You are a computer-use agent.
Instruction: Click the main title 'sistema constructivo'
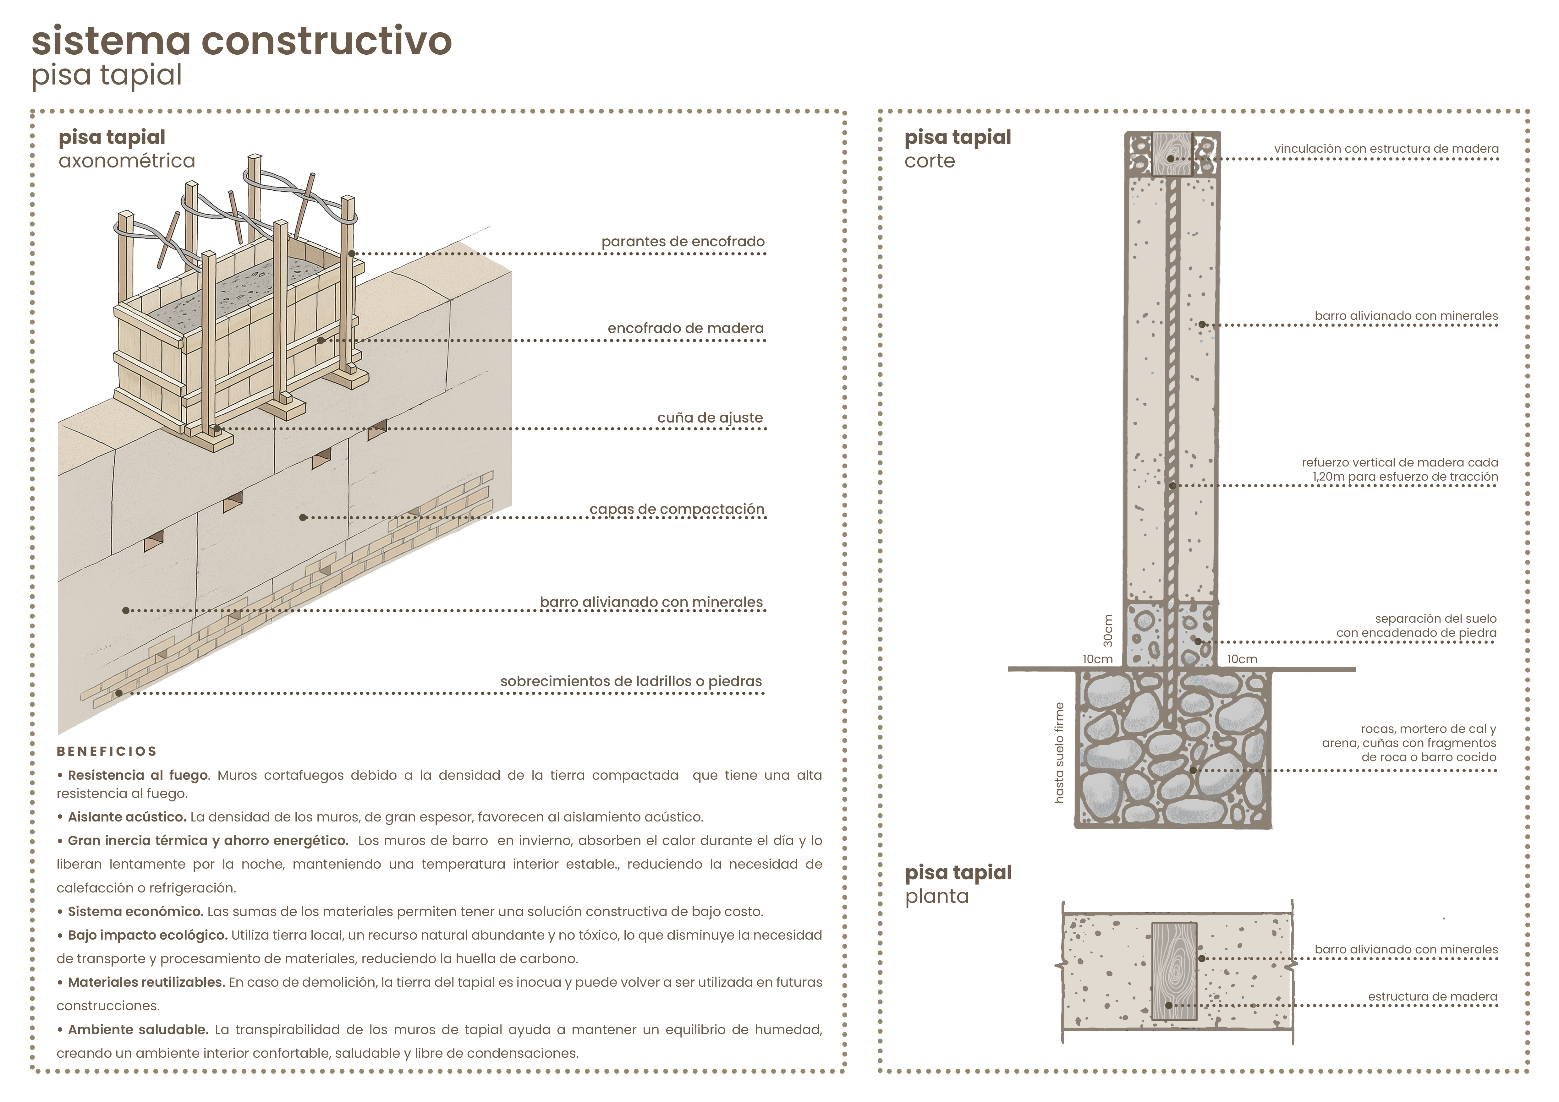pyautogui.click(x=241, y=41)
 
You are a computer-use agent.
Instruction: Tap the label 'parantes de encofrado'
pyautogui.click(x=683, y=242)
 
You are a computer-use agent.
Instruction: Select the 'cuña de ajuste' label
pyautogui.click(x=710, y=418)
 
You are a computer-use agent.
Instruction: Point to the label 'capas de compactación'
pyautogui.click(x=676, y=510)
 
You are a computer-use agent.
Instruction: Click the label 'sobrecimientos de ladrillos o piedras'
pyautogui.click(x=631, y=681)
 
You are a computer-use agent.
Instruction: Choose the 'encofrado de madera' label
pyautogui.click(x=685, y=328)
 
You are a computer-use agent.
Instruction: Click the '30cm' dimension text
pyautogui.click(x=1107, y=630)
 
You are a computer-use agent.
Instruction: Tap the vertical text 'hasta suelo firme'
pyautogui.click(x=1059, y=753)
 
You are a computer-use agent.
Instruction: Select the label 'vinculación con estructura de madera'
pyautogui.click(x=1386, y=149)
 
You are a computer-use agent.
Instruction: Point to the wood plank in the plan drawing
pyautogui.click(x=1174, y=970)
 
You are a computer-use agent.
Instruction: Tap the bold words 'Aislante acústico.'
pyautogui.click(x=127, y=817)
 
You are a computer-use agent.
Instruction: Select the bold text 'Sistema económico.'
pyautogui.click(x=135, y=911)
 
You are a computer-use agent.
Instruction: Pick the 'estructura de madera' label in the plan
pyautogui.click(x=1432, y=997)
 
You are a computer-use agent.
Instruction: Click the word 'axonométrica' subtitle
pyautogui.click(x=127, y=161)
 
